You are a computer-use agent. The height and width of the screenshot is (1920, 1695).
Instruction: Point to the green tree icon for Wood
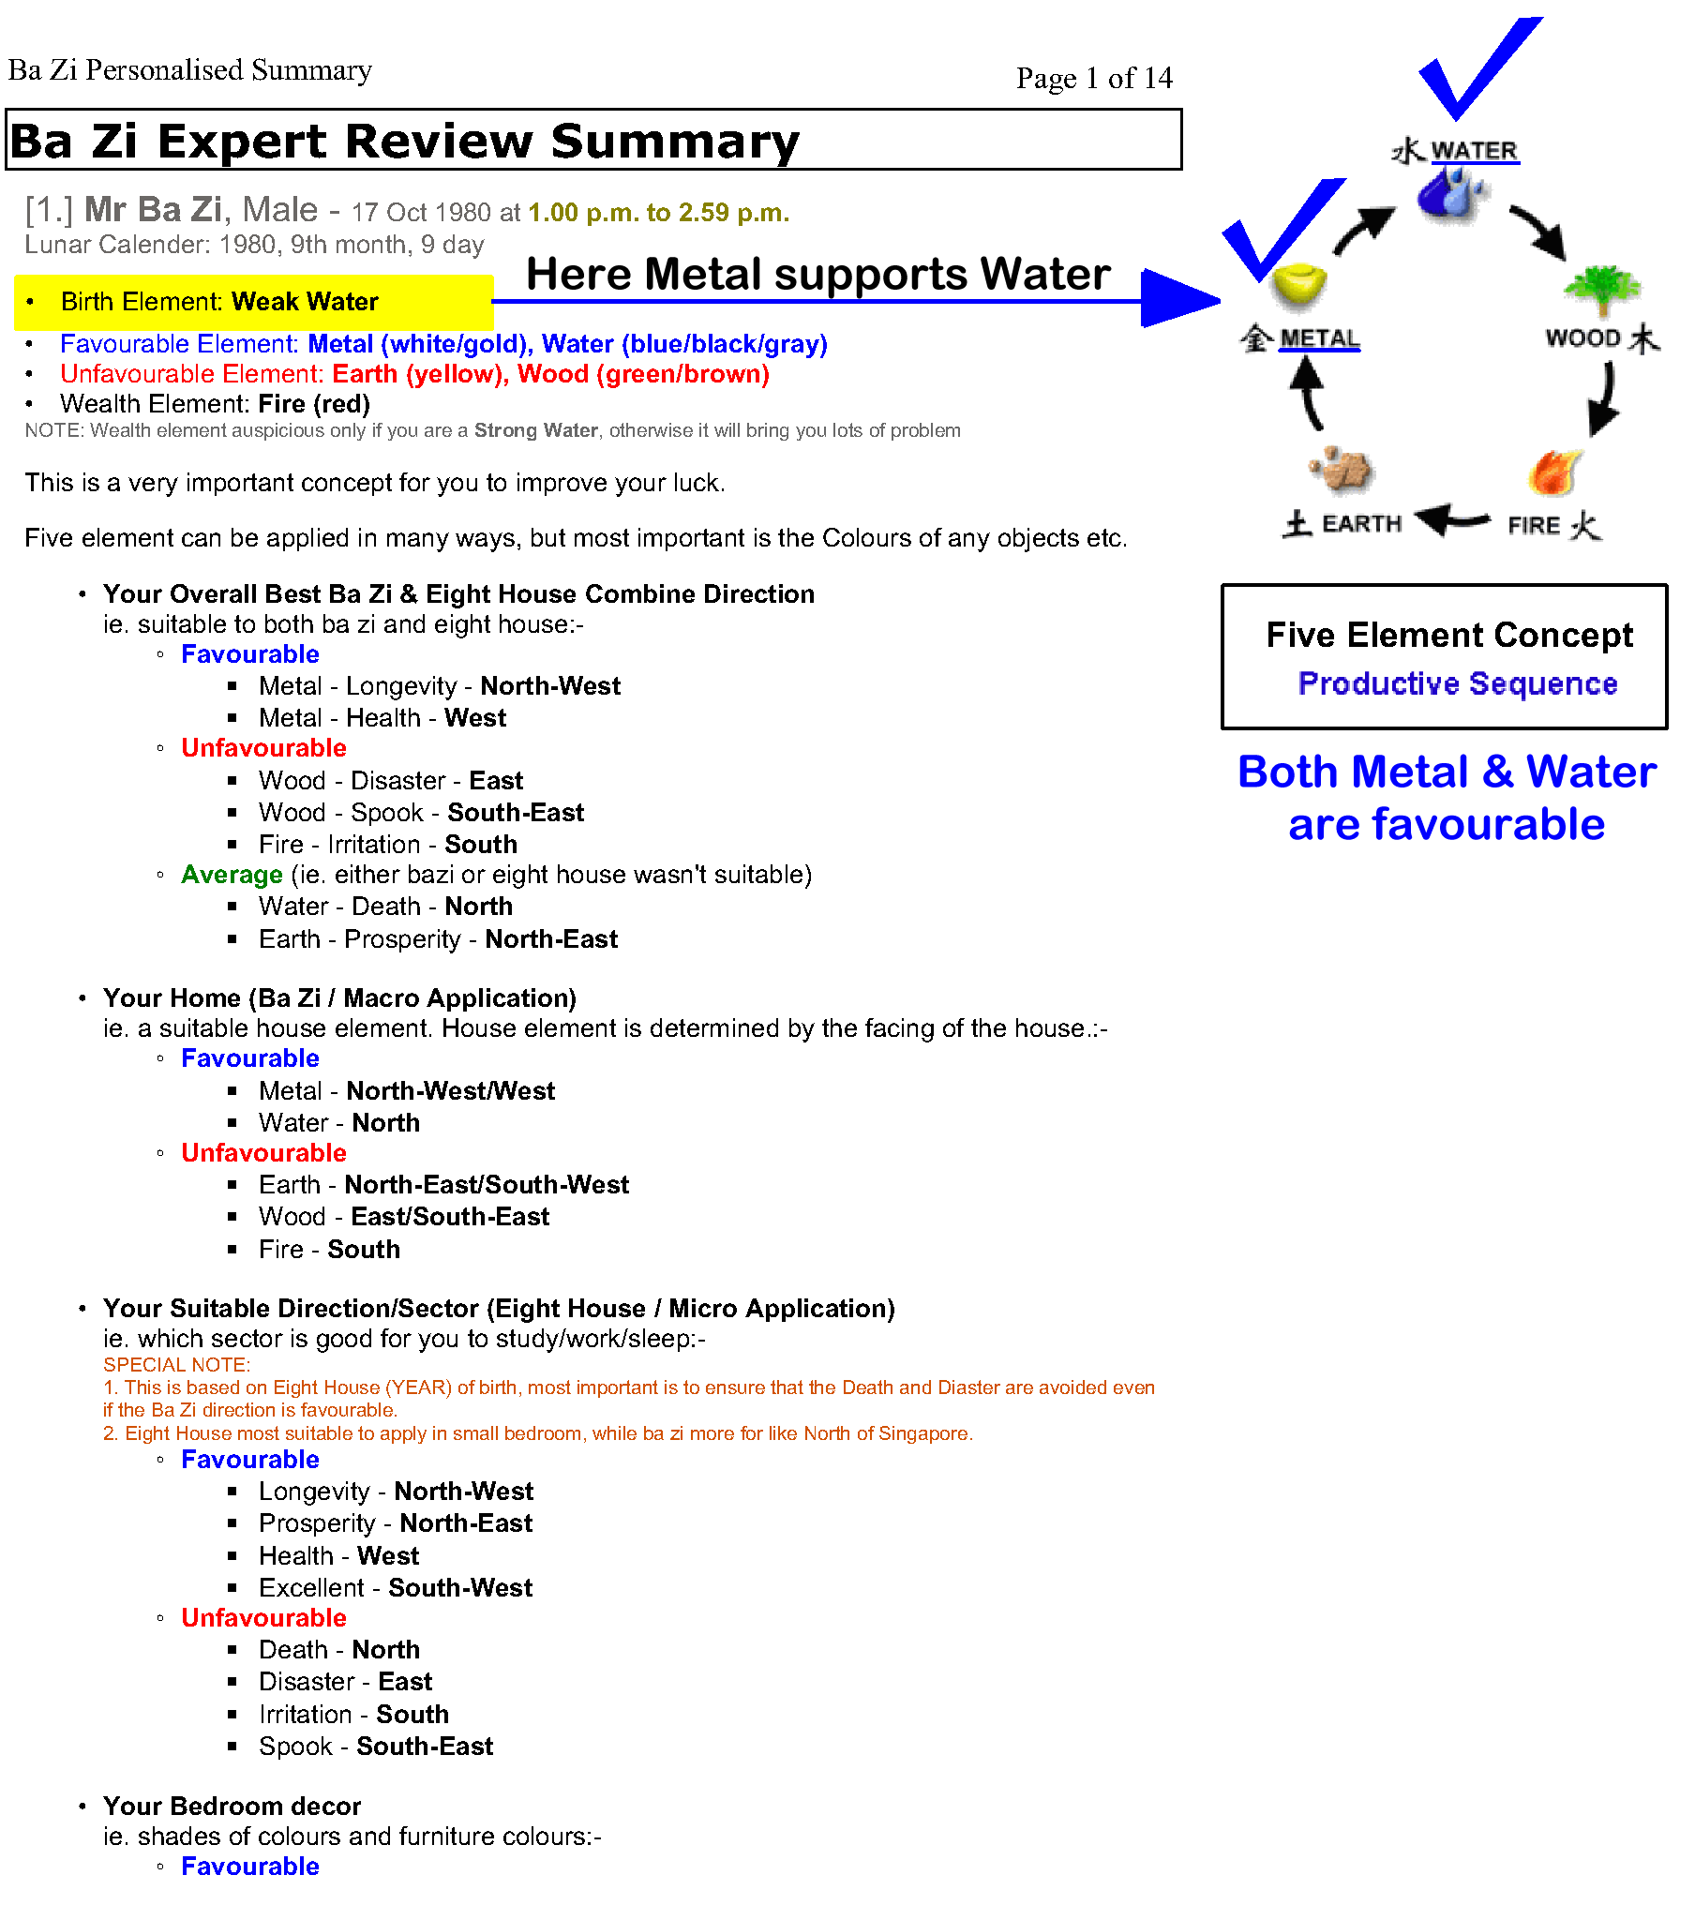(1602, 288)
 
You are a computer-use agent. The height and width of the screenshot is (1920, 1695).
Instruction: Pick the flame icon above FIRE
(1553, 472)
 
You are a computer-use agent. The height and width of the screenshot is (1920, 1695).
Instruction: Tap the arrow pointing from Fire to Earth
(1452, 518)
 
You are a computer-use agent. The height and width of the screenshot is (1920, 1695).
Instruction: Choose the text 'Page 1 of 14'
(1094, 78)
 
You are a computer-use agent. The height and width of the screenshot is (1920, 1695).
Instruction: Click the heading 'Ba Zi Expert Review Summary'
(404, 141)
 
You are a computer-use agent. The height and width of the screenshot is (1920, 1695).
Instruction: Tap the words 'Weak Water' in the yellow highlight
(305, 302)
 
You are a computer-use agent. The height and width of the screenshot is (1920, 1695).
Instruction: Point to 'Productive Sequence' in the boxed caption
(1456, 682)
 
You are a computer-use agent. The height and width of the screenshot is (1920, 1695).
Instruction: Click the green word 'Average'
(232, 875)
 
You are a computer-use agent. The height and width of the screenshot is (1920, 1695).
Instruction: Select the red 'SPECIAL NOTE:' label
(176, 1365)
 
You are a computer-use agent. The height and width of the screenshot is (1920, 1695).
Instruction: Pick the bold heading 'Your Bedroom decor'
(232, 1806)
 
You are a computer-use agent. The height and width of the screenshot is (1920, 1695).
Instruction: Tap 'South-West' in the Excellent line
(460, 1587)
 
